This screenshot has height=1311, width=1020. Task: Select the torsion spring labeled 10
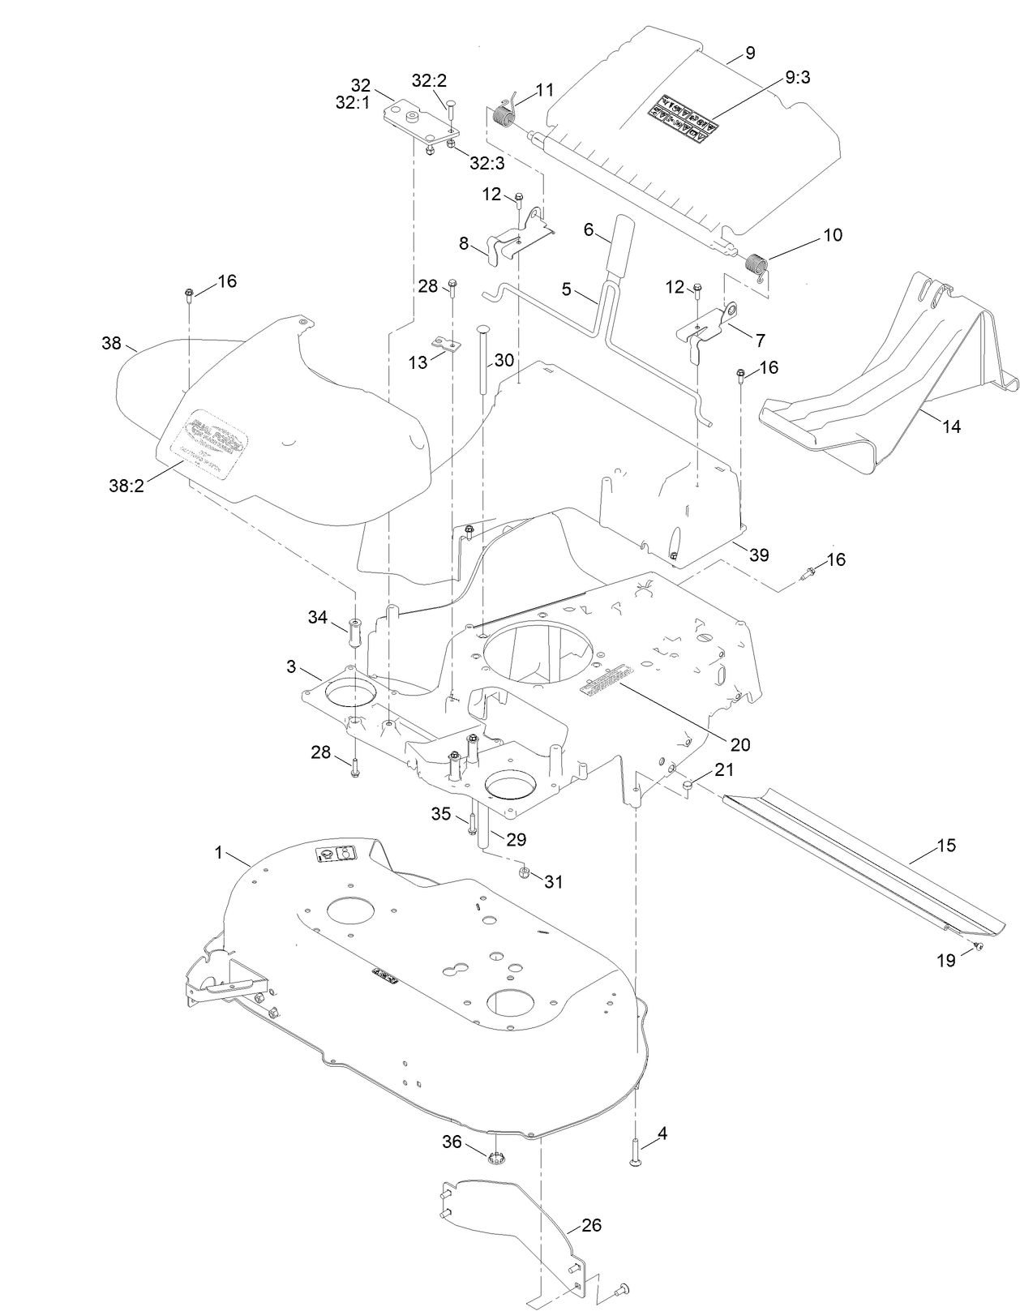pos(755,264)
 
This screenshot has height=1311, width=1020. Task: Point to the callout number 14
pos(951,426)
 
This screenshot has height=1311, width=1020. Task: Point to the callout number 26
pos(592,1224)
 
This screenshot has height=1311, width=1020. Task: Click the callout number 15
pos(945,846)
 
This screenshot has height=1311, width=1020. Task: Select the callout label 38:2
pos(127,486)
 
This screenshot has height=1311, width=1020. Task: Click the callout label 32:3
pos(487,163)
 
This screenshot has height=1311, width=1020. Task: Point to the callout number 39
pos(759,555)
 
